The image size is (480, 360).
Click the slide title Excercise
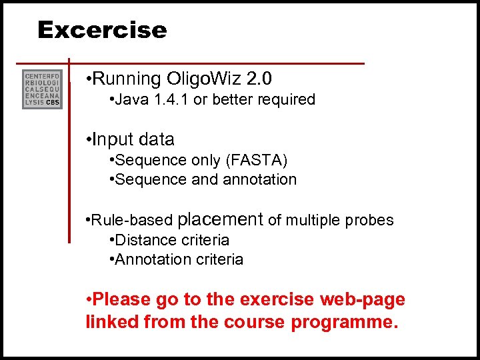(102, 30)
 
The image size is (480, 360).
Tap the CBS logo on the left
(42, 89)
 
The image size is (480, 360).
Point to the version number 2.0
(259, 79)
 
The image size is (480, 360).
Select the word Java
(129, 100)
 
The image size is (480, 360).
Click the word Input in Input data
(113, 140)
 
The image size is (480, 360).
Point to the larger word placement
(221, 219)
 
